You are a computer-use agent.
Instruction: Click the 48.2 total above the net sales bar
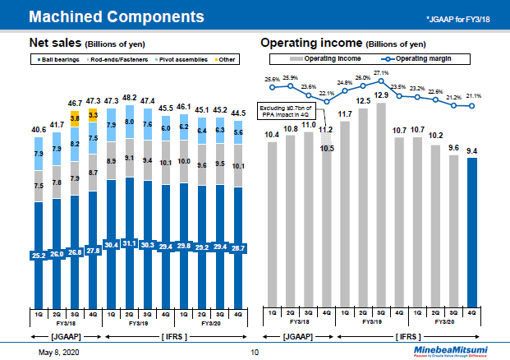(x=130, y=98)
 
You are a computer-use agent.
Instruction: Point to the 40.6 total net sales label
(x=38, y=130)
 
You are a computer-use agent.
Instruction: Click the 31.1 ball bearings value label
(x=130, y=243)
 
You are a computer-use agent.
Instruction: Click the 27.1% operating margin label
(x=381, y=73)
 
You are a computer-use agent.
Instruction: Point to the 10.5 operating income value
(x=327, y=149)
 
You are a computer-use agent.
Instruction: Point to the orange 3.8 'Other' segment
(x=75, y=118)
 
